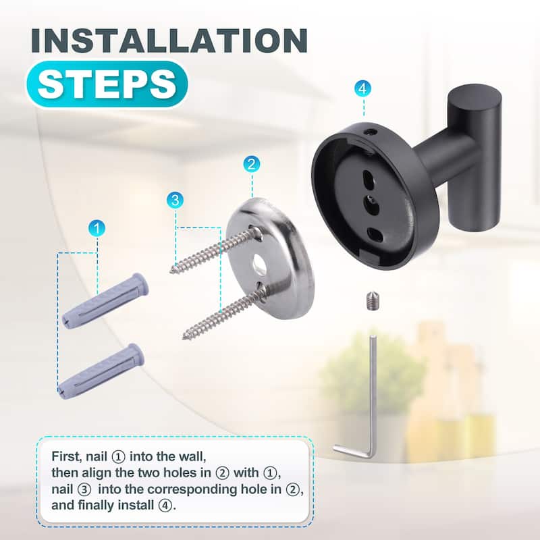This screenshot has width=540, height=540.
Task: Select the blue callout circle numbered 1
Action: [97, 228]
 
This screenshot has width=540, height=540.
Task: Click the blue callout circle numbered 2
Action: [252, 163]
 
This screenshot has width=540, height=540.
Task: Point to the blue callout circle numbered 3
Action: [175, 199]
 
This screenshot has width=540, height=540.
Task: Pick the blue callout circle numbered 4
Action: [363, 88]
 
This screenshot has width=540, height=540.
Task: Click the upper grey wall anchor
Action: [105, 300]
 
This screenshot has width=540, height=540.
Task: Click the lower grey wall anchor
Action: [101, 371]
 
